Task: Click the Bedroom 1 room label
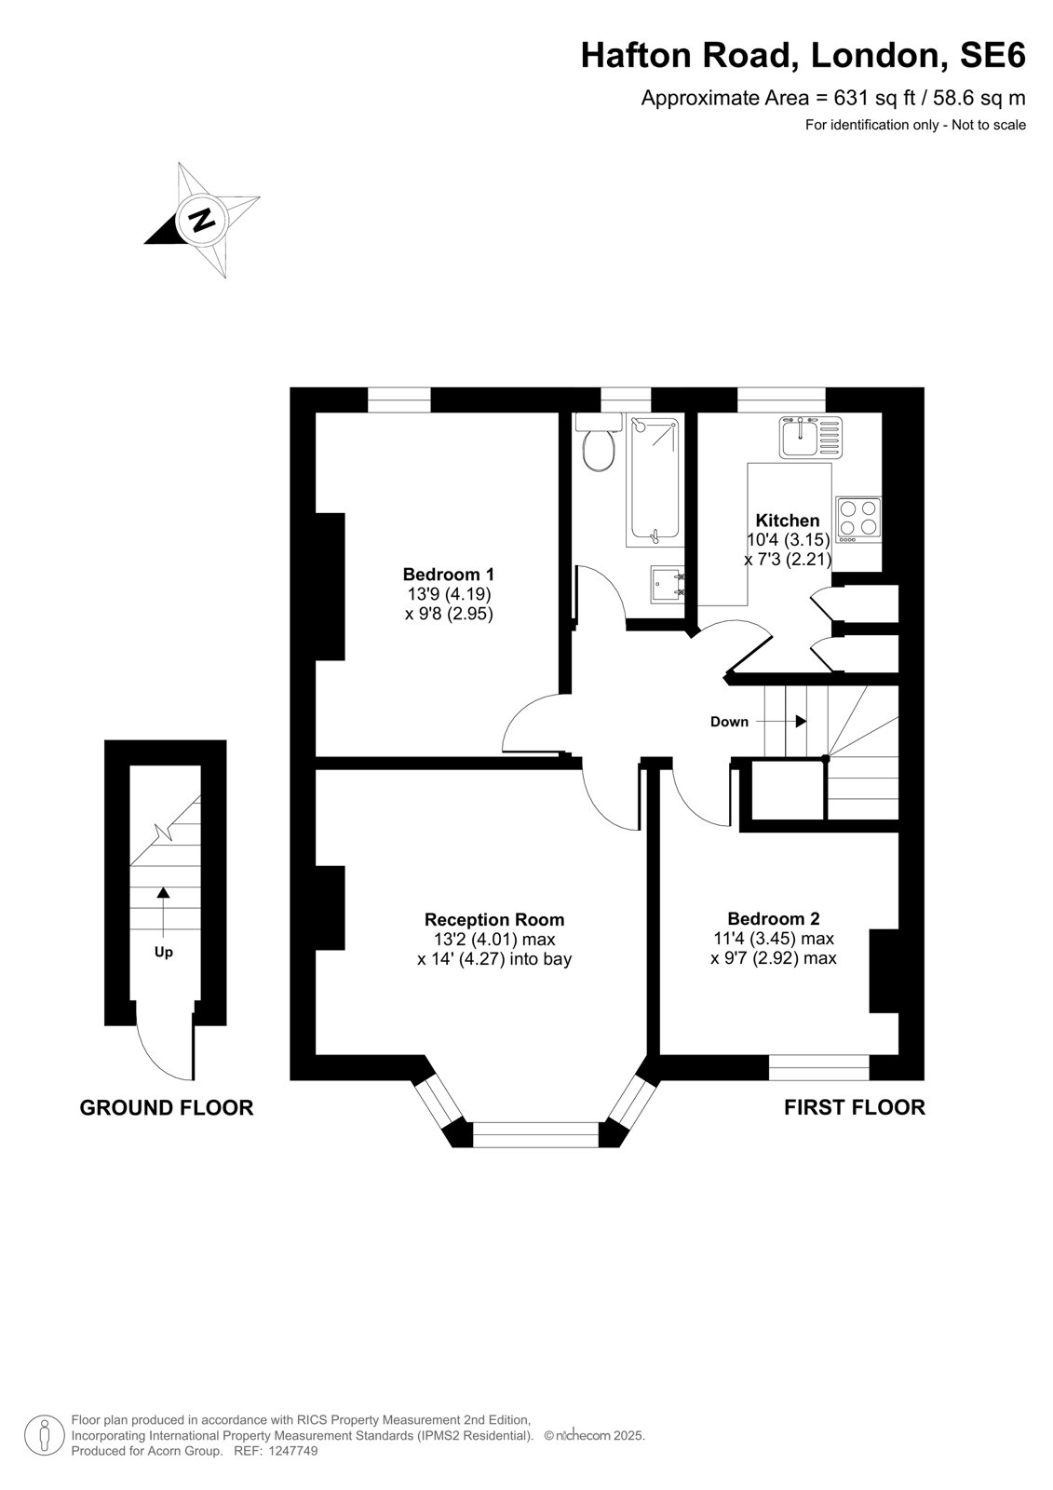449,574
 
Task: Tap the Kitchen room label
788,521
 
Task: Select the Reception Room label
494,919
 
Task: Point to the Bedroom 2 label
774,918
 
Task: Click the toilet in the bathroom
599,442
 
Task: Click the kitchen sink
811,437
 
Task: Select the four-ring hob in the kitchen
858,520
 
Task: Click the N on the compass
200,219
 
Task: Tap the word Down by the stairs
729,722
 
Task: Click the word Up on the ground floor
164,953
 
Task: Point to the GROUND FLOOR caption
167,1107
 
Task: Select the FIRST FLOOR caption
854,1107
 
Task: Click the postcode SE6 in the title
992,55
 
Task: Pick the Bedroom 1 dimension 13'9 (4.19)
449,593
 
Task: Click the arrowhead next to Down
802,721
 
